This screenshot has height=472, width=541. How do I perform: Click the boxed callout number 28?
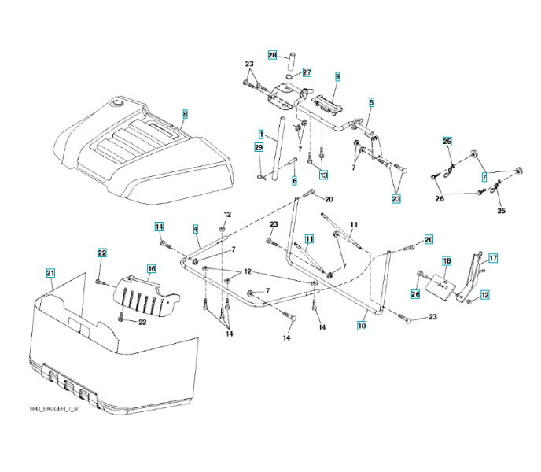[272, 55]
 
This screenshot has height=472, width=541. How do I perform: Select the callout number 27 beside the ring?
[307, 72]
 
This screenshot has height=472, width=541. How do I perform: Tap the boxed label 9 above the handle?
[337, 76]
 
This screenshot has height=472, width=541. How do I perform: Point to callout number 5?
[371, 102]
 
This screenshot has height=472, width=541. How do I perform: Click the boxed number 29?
[259, 147]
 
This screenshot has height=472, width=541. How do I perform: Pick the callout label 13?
[323, 174]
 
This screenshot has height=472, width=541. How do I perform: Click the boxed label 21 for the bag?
[50, 273]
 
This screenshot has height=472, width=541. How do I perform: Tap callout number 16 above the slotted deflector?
[152, 268]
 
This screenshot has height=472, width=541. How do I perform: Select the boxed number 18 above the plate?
[446, 260]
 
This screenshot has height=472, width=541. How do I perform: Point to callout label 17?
[493, 257]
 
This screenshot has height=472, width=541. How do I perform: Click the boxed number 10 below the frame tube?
[363, 324]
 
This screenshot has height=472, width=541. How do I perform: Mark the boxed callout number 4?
[195, 229]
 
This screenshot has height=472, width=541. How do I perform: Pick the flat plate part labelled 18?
[438, 288]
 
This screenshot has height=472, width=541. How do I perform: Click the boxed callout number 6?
[294, 180]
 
